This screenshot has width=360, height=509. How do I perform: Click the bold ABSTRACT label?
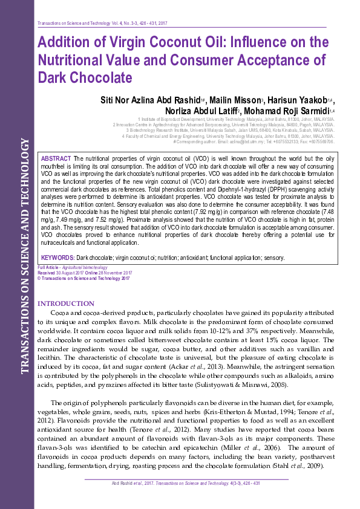pyautogui.click(x=56, y=158)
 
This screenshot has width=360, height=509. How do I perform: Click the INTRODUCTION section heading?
pyautogui.click(x=65, y=303)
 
